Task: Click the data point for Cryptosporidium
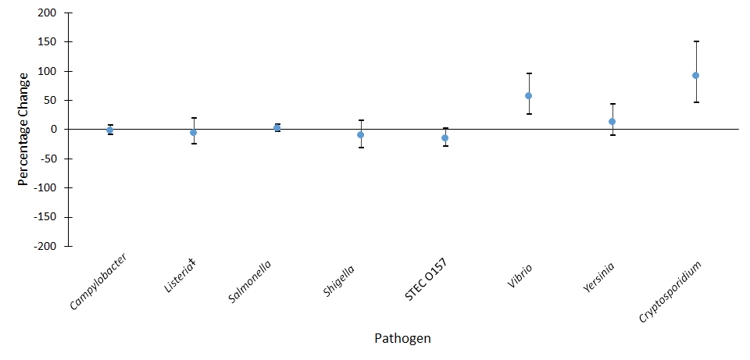pos(695,76)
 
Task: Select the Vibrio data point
pos(528,96)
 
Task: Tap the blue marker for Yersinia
pos(612,122)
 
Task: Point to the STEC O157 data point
pos(445,138)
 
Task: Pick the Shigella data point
pos(360,135)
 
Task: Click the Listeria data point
pos(193,133)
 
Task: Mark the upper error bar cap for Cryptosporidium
pos(695,41)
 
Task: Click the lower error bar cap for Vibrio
pos(528,114)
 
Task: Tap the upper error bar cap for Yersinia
pos(612,104)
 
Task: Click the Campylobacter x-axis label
pos(98,281)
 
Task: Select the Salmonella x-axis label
pos(252,280)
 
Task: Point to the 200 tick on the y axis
pos(47,13)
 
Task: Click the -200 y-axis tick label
pos(44,246)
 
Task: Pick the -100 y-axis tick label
pos(44,188)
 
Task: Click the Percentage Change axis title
pos(23,129)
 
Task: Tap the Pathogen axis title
pos(402,339)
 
